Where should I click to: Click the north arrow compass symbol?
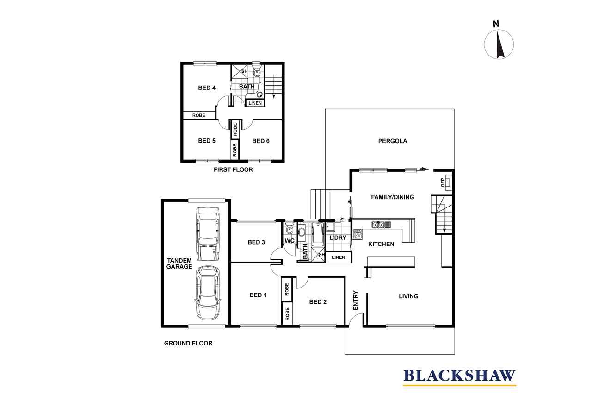(x=499, y=44)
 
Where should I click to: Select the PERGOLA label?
(x=393, y=141)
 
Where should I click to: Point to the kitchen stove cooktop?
(x=357, y=234)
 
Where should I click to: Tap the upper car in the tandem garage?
(x=208, y=233)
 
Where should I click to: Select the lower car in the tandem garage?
(x=208, y=293)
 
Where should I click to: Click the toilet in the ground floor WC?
(x=290, y=229)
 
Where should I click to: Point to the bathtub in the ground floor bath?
(x=318, y=235)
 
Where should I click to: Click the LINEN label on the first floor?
(x=255, y=103)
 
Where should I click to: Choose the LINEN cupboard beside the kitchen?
(x=338, y=257)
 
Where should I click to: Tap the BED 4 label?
(x=207, y=88)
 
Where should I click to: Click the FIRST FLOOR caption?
(x=233, y=169)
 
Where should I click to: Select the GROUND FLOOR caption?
(x=188, y=343)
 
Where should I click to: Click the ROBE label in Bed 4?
(x=199, y=115)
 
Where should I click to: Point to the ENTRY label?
(x=356, y=300)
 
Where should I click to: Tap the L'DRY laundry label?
(x=338, y=238)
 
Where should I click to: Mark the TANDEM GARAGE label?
(x=179, y=263)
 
